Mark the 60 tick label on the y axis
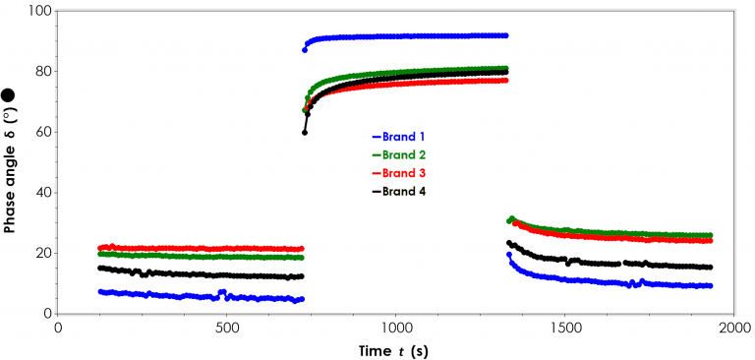[x=41, y=132]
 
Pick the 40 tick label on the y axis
[x=41, y=193]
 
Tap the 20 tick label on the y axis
[x=41, y=253]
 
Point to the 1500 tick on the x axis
[x=563, y=327]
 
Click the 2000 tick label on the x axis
[x=731, y=327]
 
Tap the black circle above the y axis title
[x=9, y=95]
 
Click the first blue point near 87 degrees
[x=305, y=49]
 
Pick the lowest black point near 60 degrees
[x=305, y=132]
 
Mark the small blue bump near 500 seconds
[x=223, y=292]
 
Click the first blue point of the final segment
[x=508, y=255]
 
